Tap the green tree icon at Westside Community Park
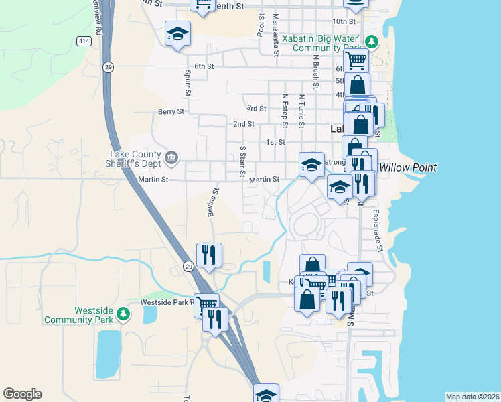click(123, 314)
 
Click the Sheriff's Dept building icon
click(173, 158)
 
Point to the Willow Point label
click(408, 167)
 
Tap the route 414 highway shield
click(84, 42)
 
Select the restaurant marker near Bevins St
click(209, 255)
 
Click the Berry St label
click(171, 112)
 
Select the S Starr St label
click(242, 161)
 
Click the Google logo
click(22, 394)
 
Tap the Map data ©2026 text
click(472, 397)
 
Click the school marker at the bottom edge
click(266, 394)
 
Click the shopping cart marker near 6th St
click(356, 60)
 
